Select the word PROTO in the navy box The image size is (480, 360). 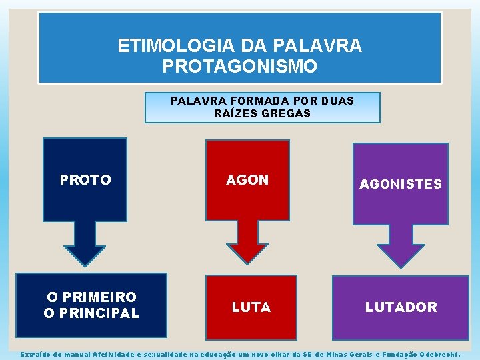[85, 180]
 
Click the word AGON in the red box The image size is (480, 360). [247, 180]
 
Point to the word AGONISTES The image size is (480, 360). [401, 185]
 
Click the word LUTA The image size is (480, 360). [251, 307]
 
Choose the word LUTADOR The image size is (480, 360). [401, 307]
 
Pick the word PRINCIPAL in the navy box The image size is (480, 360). [99, 313]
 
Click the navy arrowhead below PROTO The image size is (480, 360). [85, 254]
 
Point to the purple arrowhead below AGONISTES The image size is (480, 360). [401, 255]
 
